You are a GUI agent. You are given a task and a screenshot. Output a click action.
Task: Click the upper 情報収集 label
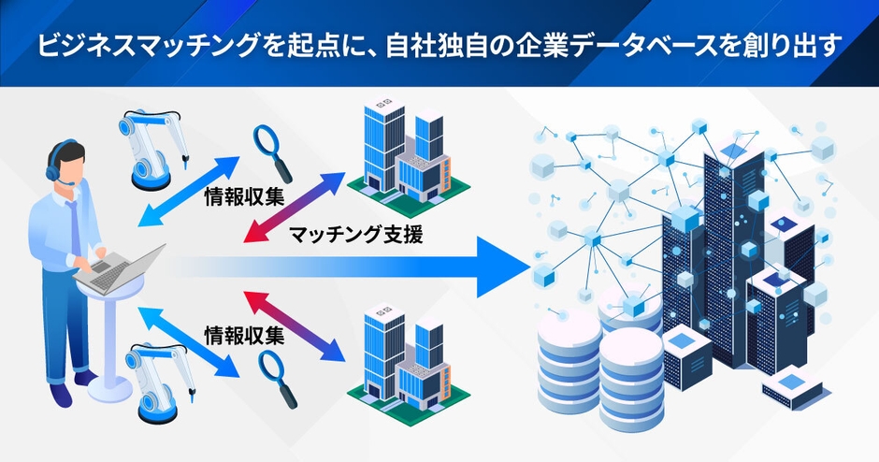coord(246,196)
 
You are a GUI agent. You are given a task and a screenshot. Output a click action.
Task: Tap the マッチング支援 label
coord(355,235)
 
